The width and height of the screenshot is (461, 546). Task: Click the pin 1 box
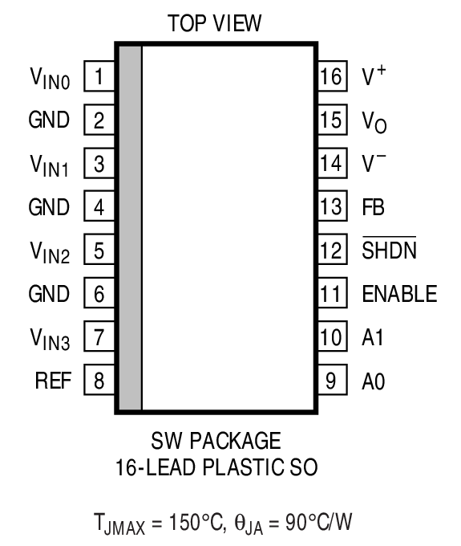[99, 77]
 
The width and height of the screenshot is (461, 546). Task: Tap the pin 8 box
[99, 381]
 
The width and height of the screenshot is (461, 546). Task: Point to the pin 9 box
[330, 381]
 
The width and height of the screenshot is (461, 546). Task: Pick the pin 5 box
[99, 251]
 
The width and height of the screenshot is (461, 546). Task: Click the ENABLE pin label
[399, 294]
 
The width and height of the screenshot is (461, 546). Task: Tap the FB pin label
[373, 207]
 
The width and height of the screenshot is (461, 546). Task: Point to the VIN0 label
[51, 79]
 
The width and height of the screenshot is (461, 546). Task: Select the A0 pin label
[374, 381]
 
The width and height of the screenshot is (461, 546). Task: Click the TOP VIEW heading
[215, 24]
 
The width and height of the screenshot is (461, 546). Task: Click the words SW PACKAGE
[216, 442]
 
